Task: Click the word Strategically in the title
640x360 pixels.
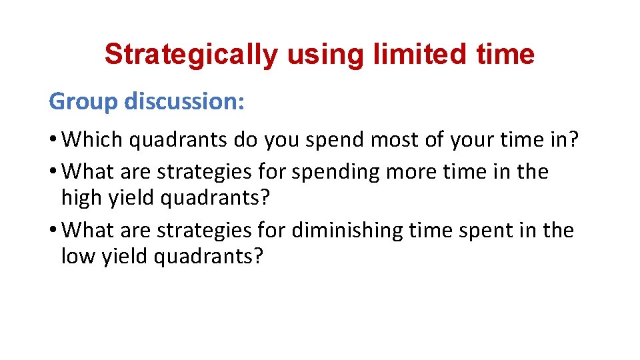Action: [191, 55]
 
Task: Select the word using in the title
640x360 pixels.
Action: [323, 55]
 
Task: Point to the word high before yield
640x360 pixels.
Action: [81, 197]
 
